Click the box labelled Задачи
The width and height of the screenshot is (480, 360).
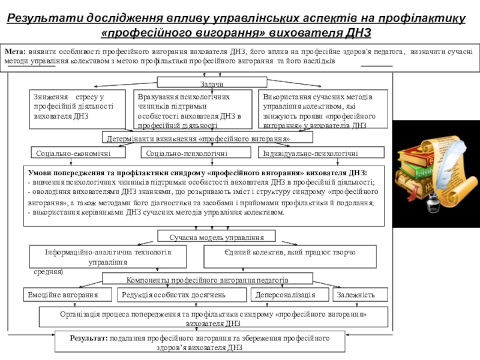click(208, 83)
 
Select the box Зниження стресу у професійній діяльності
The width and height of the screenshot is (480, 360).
click(78, 109)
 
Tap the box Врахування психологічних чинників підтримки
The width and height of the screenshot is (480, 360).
click(195, 109)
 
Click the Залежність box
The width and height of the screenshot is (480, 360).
click(355, 295)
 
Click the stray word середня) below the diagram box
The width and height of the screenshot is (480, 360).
click(48, 271)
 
